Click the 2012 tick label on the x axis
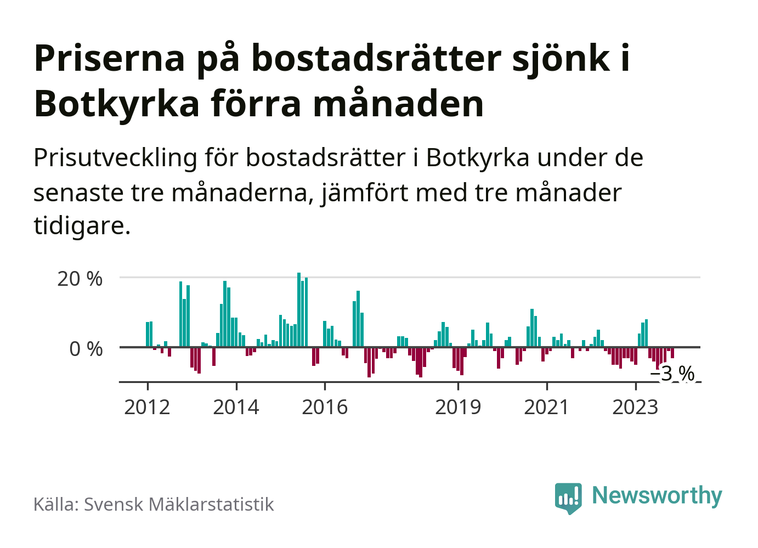pyautogui.click(x=147, y=407)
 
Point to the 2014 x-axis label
pyautogui.click(x=236, y=407)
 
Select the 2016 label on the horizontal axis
pyautogui.click(x=325, y=407)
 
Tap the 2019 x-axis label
pyautogui.click(x=458, y=407)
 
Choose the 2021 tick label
pyautogui.click(x=547, y=407)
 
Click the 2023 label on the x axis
pyautogui.click(x=635, y=407)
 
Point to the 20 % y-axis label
pyautogui.click(x=80, y=279)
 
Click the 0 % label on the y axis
pyautogui.click(x=86, y=349)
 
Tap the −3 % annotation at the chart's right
pyautogui.click(x=673, y=374)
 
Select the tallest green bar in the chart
pyautogui.click(x=299, y=309)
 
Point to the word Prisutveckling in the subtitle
pyautogui.click(x=115, y=158)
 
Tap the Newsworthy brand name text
pyautogui.click(x=657, y=495)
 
